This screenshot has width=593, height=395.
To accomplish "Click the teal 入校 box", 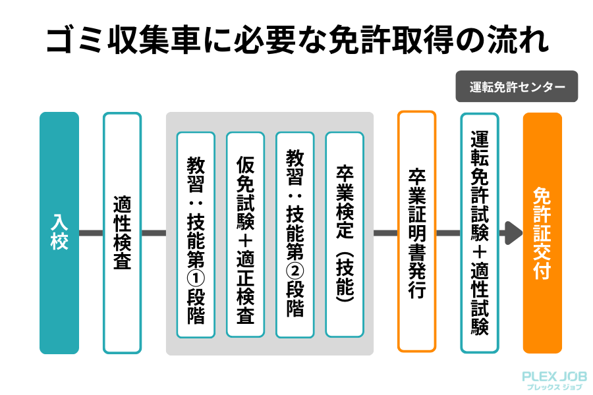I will (59, 233).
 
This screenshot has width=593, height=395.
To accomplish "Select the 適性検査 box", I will (122, 233).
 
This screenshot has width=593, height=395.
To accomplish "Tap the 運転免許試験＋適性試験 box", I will (480, 233).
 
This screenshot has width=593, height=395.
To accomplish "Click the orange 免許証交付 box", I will (542, 233).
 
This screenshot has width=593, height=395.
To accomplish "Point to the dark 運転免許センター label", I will (517, 86).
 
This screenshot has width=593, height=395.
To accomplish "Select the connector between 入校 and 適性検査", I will (91, 233).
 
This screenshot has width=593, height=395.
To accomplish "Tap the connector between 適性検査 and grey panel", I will (154, 233).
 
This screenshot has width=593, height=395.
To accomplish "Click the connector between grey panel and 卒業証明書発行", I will (385, 233).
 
